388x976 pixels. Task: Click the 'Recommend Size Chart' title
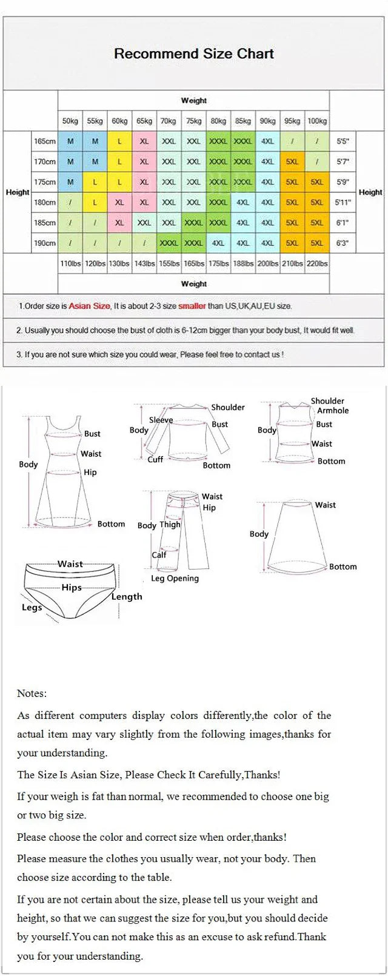[x=194, y=53]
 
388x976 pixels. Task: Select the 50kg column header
[x=70, y=121]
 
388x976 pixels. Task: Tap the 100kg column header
[x=316, y=121]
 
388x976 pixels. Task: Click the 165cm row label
[x=45, y=141]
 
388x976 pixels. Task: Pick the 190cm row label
[x=45, y=243]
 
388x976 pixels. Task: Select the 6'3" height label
[x=343, y=243]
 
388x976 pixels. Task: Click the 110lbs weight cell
[x=70, y=263]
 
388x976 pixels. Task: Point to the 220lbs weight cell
[x=316, y=263]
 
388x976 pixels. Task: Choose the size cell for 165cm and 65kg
[x=144, y=141]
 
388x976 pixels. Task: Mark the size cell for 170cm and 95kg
[x=292, y=162]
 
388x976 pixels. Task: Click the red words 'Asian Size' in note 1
[x=89, y=306]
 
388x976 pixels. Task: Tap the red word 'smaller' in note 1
[x=192, y=306]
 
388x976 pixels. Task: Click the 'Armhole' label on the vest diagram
[x=333, y=411]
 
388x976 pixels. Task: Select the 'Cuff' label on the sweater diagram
[x=155, y=460]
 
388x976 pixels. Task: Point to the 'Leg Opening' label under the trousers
[x=175, y=579]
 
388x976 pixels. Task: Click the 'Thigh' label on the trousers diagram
[x=170, y=525]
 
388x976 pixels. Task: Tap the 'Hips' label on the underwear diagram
[x=72, y=588]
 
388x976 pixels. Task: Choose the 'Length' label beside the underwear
[x=127, y=597]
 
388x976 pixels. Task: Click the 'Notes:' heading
[x=32, y=693]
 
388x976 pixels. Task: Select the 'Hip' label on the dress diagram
[x=90, y=473]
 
